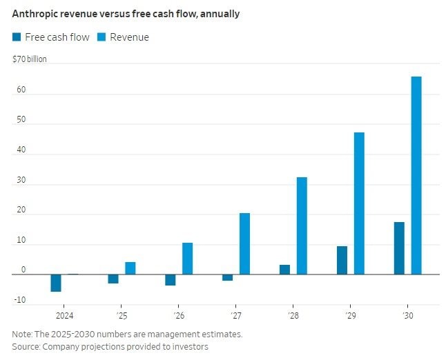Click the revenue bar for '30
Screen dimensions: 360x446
point(416,175)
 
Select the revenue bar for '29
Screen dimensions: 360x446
point(359,203)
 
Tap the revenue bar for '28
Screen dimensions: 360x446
point(302,226)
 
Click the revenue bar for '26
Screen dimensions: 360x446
point(187,259)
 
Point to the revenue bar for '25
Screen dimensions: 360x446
point(130,268)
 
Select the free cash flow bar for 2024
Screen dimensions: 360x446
point(56,283)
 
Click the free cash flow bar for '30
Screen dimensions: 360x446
point(399,248)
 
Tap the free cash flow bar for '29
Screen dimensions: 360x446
point(342,260)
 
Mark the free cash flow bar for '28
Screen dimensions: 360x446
point(284,270)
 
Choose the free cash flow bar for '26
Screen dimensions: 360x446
point(170,280)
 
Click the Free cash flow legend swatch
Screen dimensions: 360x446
point(17,37)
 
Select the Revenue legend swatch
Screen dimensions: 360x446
point(101,37)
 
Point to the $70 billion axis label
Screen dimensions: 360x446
point(30,59)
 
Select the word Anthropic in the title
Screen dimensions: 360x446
point(35,14)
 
